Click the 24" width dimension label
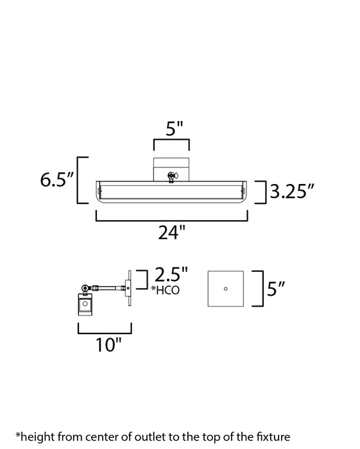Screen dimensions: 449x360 [x=171, y=233]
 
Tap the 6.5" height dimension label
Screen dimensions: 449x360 [x=56, y=180]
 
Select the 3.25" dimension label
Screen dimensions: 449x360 [x=293, y=192]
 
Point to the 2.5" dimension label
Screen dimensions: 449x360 [x=171, y=277]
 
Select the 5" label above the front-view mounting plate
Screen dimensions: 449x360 [x=170, y=129]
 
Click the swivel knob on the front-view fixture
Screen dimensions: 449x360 [x=171, y=175]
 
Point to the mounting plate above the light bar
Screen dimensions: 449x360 [x=171, y=165]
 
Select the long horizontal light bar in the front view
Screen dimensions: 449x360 [x=171, y=191]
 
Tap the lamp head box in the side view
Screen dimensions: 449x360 [x=85, y=305]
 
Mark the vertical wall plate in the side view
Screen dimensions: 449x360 [x=130, y=288]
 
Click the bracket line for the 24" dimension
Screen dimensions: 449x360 [x=171, y=220]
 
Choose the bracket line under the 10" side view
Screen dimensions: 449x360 [x=105, y=332]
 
